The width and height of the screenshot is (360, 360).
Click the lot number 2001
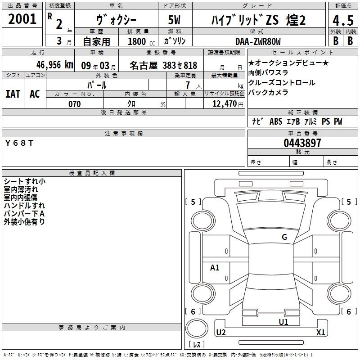[22, 19]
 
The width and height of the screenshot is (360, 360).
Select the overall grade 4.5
[343, 20]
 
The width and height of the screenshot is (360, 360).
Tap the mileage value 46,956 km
[54, 65]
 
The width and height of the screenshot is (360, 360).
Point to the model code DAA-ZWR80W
[258, 41]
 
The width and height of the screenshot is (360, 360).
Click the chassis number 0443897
[302, 143]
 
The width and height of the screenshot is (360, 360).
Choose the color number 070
[74, 104]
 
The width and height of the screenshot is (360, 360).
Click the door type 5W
[174, 20]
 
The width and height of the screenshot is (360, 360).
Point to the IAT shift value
[13, 94]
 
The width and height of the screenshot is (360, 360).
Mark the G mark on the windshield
[284, 237]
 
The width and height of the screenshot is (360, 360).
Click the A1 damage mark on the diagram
[215, 267]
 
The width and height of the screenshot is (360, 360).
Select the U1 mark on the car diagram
[283, 322]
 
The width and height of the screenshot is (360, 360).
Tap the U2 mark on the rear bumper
[221, 332]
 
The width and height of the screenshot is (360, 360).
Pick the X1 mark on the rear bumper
[320, 332]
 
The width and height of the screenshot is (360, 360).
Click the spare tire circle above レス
[197, 328]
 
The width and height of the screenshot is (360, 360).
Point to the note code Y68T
[19, 143]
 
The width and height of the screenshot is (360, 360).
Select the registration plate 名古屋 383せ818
[163, 65]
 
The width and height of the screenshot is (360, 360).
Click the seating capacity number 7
[188, 85]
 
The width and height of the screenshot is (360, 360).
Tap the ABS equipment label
[276, 121]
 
